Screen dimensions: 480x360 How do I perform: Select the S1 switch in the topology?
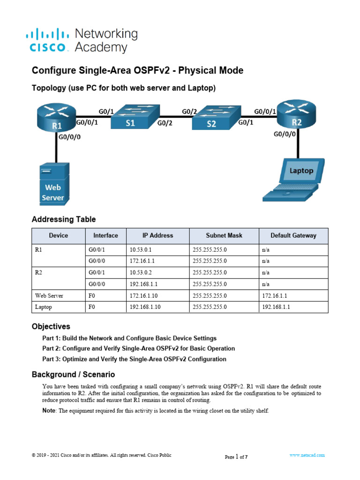(135, 117)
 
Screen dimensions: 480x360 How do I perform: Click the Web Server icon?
(53, 183)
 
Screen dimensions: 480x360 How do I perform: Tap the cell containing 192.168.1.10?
(145, 307)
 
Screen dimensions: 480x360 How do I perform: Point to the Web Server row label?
(49, 296)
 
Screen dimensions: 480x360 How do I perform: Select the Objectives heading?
(51, 326)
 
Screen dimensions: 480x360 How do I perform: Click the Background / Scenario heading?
(73, 375)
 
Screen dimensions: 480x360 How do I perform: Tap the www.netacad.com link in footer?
(307, 455)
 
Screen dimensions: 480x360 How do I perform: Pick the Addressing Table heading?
(63, 219)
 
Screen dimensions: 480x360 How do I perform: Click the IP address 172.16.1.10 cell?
(143, 296)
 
